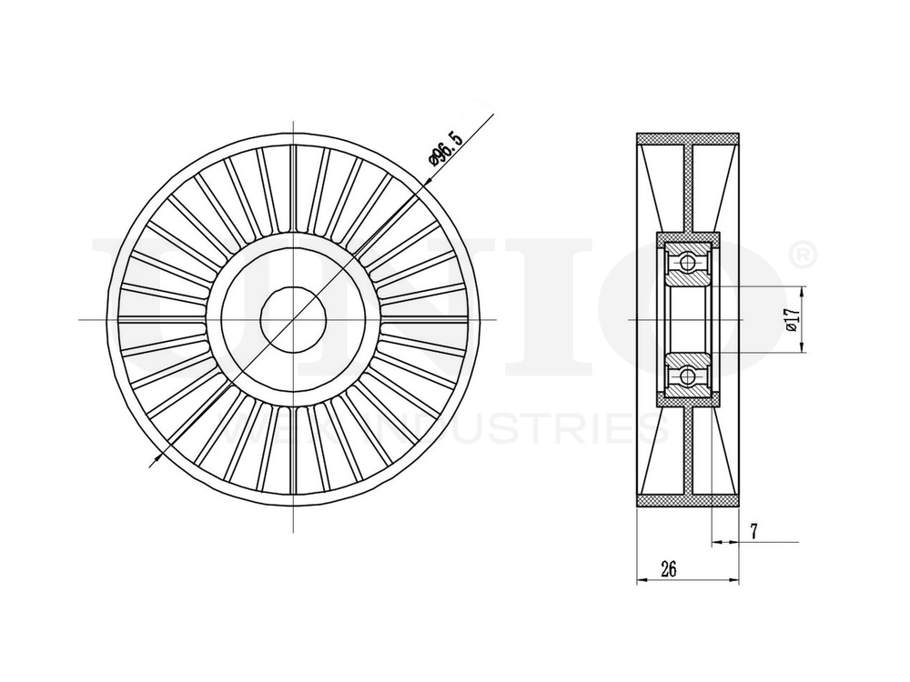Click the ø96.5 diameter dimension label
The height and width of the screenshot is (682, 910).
click(446, 148)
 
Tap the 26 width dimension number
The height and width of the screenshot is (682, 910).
click(668, 570)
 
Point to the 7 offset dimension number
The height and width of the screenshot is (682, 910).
click(753, 530)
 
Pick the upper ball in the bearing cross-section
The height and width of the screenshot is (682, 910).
click(688, 263)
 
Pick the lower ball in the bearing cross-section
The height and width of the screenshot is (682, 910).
click(688, 375)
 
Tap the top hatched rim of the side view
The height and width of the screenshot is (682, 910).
click(687, 139)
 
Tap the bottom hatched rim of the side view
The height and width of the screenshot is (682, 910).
click(687, 500)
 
